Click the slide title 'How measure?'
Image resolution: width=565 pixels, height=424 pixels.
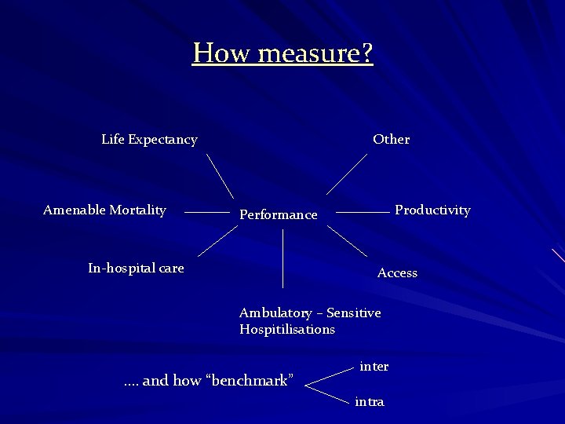[x=282, y=53]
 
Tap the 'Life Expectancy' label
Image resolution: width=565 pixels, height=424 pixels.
[x=149, y=140]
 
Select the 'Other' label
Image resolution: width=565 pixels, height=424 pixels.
[x=391, y=140]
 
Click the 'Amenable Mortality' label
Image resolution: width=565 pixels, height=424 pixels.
[x=104, y=210]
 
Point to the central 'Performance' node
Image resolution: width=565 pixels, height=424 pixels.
[x=279, y=214]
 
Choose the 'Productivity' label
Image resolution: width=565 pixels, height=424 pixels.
[x=432, y=210]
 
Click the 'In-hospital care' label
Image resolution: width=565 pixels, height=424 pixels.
[x=136, y=269]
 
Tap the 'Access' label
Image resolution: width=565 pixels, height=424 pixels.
[x=397, y=273]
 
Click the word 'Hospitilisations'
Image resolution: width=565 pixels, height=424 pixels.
[x=287, y=330]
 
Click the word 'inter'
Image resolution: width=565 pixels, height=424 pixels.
[x=374, y=367]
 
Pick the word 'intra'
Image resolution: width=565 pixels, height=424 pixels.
[x=370, y=402]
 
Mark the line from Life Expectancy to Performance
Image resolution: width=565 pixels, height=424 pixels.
[x=220, y=175]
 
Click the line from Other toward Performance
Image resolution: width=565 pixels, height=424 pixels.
[x=347, y=174]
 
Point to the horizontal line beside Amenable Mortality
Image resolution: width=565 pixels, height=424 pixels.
[x=206, y=212]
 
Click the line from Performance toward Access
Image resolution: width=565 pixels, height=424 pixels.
[x=347, y=241]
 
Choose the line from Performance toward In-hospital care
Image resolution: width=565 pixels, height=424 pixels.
[x=217, y=241]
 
